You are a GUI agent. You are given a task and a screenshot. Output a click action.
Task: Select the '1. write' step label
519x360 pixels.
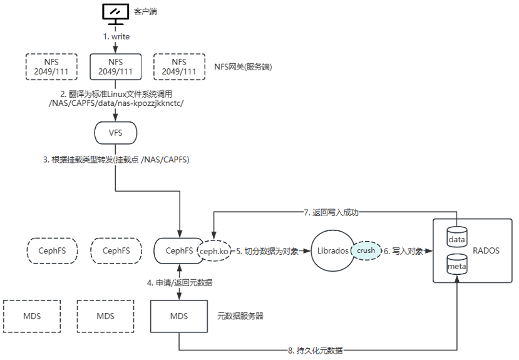116,36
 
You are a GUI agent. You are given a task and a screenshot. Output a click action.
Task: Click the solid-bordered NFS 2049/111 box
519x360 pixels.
115,66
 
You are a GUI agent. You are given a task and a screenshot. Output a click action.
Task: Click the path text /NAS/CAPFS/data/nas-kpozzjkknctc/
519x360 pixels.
116,102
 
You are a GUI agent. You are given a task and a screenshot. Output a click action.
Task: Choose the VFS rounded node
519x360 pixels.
115,132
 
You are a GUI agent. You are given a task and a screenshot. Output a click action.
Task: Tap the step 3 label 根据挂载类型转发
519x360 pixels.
116,160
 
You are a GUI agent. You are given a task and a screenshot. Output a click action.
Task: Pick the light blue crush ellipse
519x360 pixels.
366,250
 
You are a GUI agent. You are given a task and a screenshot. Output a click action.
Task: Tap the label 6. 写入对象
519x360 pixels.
404,250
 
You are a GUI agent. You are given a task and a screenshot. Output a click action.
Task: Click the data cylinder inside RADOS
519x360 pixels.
457,237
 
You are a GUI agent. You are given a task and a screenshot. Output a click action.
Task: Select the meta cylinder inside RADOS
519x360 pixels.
457,265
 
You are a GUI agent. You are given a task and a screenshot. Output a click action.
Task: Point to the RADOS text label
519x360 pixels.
486,250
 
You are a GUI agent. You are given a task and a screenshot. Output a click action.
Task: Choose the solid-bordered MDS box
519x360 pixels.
178,316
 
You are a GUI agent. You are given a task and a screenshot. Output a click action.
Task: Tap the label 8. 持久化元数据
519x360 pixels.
315,350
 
